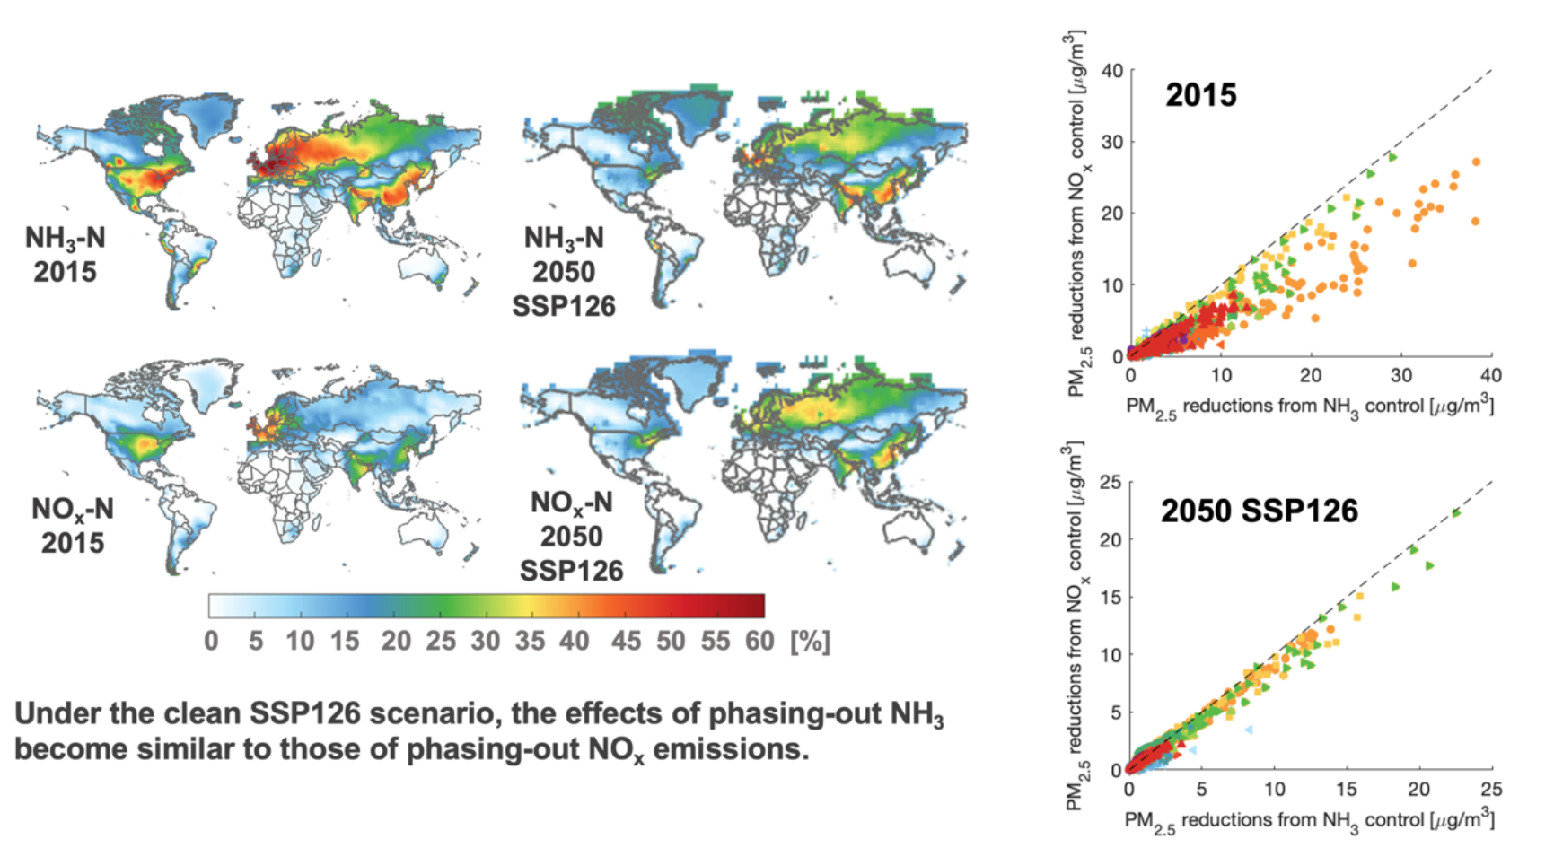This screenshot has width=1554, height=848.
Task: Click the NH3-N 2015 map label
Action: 65,254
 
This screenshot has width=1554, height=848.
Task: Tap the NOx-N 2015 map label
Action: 73,525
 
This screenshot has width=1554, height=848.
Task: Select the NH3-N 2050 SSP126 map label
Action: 564,272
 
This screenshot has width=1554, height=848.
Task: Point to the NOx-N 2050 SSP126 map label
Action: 571,537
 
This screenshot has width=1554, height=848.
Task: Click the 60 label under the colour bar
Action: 759,642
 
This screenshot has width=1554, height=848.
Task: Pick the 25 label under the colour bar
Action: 441,642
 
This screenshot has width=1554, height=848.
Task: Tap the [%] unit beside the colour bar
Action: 810,642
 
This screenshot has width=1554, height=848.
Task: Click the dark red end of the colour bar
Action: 754,606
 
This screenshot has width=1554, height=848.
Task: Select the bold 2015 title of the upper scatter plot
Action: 1200,95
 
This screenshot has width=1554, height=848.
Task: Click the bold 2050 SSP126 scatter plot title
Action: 1260,511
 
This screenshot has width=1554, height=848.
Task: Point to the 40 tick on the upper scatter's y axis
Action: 1111,71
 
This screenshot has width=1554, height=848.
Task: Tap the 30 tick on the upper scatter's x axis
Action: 1400,375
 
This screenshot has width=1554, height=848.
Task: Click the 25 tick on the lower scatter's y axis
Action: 1111,483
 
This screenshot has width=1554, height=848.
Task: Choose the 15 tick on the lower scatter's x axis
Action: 1347,790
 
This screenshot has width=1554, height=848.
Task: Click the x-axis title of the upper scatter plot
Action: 1310,407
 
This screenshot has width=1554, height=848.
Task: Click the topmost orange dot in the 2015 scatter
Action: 1476,162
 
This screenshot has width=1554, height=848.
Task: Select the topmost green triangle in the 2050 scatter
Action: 1456,513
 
